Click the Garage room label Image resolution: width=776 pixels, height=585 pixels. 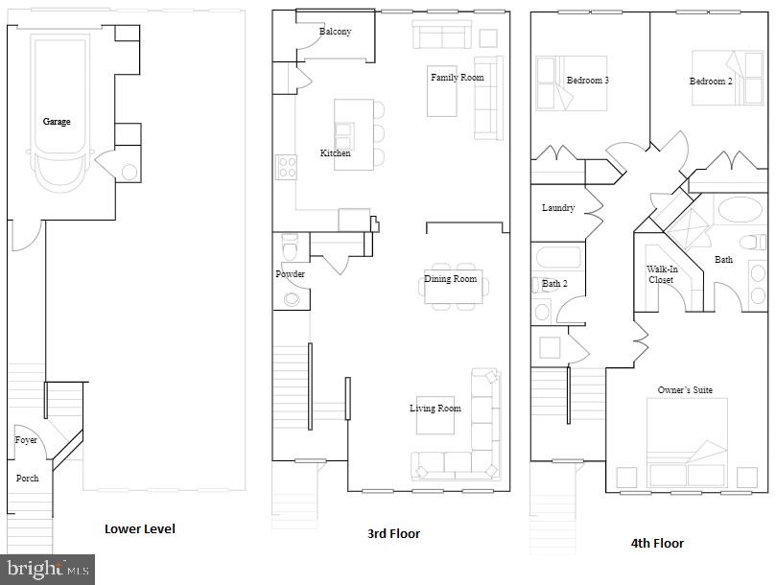tap(56, 122)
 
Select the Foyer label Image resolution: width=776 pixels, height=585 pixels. tap(26, 440)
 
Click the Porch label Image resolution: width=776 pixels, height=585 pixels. tap(27, 478)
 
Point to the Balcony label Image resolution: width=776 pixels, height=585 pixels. tap(335, 32)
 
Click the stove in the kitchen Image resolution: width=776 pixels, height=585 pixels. tap(286, 167)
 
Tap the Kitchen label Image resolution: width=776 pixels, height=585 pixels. tap(335, 153)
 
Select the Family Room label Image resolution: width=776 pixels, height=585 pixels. tap(457, 78)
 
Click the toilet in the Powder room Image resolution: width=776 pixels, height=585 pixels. tap(290, 246)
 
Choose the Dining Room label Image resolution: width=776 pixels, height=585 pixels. tap(450, 279)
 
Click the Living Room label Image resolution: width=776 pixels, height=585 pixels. tap(435, 409)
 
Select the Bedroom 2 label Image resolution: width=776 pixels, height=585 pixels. tap(710, 82)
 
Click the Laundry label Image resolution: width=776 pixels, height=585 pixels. tap(557, 208)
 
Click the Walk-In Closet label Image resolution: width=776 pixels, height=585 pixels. tap(662, 275)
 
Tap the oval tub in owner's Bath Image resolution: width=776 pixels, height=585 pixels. tap(741, 210)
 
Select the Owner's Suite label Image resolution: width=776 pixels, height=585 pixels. tap(684, 390)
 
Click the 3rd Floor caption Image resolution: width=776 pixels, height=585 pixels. tap(394, 533)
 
